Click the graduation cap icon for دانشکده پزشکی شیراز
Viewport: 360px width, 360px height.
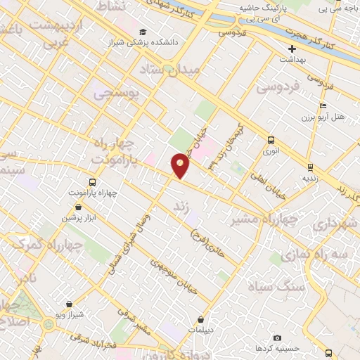143,32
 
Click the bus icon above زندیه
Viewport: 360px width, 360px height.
310,167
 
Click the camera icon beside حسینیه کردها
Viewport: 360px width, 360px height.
276,338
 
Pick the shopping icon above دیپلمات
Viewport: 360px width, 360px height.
201,319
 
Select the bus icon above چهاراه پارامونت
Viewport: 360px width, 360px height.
93,181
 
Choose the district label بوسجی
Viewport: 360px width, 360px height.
117,91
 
